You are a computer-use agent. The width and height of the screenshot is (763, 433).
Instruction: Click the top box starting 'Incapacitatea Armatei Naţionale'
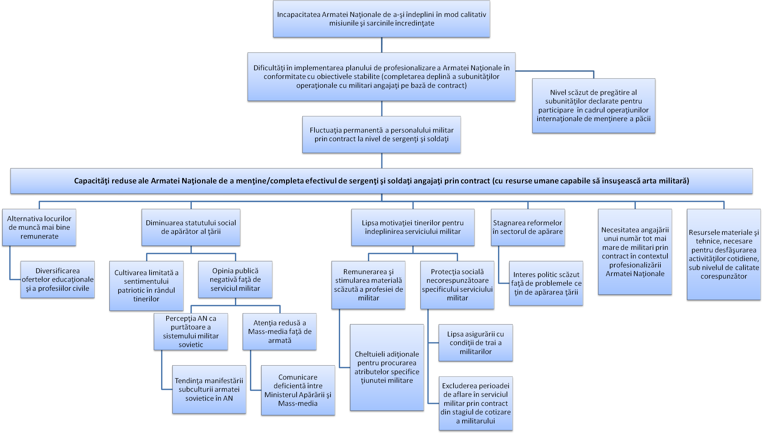[381, 19]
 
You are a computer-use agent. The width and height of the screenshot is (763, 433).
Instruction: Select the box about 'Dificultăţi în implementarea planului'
[381, 77]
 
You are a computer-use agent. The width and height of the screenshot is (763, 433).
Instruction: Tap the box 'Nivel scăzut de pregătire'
[594, 106]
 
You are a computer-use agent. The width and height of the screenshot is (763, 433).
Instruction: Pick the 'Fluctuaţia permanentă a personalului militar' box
[381, 135]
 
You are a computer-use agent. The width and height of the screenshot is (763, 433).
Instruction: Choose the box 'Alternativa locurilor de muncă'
[39, 227]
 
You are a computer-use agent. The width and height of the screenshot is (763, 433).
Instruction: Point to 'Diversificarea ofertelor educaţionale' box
[58, 280]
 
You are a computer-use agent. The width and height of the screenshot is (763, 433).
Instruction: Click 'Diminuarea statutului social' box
[191, 227]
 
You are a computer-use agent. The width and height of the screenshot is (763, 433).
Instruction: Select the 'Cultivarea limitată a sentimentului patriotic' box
[146, 286]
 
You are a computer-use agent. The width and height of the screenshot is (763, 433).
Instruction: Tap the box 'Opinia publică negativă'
[235, 280]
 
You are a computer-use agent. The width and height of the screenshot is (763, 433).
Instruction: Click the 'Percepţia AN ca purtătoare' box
[191, 332]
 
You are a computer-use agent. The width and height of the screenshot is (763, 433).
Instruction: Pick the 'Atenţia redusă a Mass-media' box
[280, 332]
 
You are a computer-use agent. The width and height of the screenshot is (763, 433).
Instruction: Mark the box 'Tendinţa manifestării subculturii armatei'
[209, 390]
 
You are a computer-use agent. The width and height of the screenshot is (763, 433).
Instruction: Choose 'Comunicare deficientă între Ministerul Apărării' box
[298, 390]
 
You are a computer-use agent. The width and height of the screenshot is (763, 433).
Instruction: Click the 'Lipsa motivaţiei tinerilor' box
[413, 227]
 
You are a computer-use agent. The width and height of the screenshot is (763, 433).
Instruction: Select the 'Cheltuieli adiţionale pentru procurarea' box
[387, 367]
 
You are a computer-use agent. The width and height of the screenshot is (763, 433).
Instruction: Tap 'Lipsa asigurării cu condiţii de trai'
[476, 343]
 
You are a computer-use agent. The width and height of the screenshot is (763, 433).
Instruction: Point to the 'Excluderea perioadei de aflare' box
[476, 403]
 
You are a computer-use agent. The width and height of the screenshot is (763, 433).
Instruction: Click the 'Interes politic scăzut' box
[546, 283]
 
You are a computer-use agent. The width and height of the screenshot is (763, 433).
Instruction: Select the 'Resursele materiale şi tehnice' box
[724, 254]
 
